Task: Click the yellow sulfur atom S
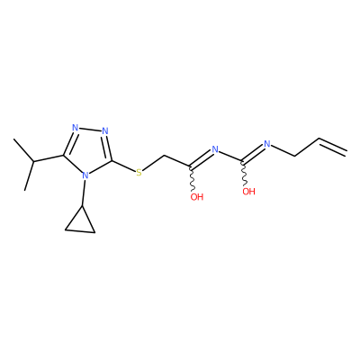(139, 173)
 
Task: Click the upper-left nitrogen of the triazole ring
(76, 128)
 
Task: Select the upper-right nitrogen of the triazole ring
(105, 130)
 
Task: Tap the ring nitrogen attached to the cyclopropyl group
(85, 175)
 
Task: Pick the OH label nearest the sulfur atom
(197, 197)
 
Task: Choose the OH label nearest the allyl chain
(248, 192)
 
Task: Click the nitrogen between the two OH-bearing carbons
(215, 149)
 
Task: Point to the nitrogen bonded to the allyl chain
(267, 144)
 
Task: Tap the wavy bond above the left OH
(192, 178)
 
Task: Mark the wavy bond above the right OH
(244, 173)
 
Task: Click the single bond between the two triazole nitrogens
(90, 130)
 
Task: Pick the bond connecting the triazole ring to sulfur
(123, 166)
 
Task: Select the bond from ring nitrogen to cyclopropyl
(84, 193)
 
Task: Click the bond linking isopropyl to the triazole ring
(49, 158)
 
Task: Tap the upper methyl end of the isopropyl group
(13, 139)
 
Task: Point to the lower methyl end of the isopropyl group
(25, 190)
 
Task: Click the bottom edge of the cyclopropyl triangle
(80, 231)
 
